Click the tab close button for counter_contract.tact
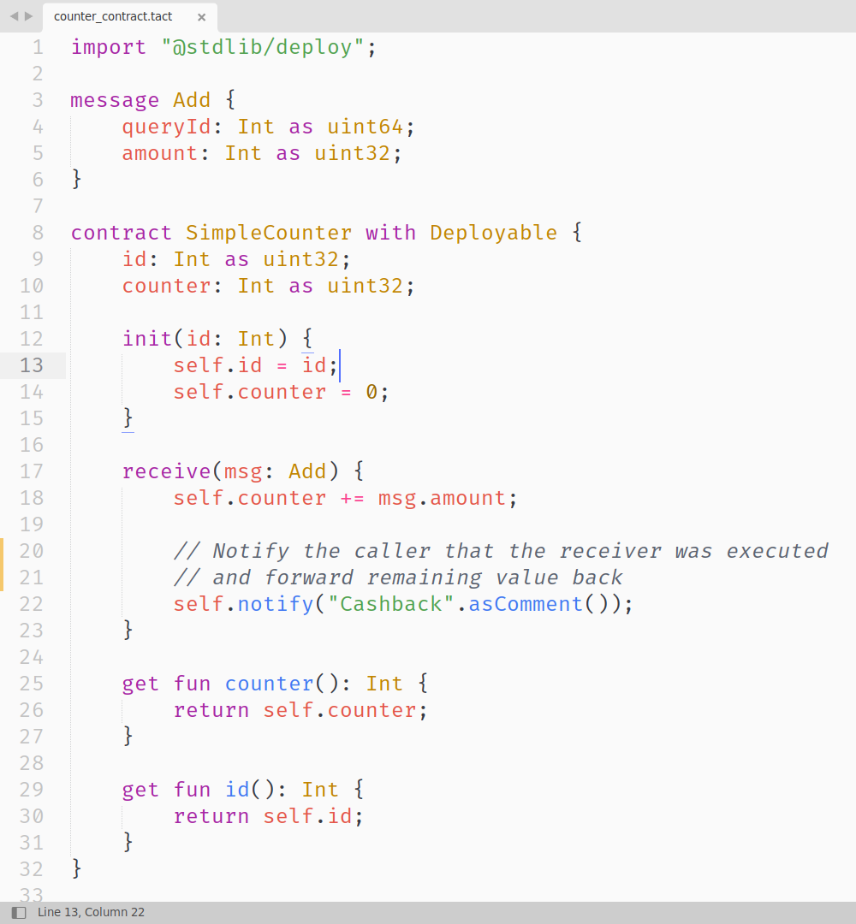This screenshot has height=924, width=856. click(201, 17)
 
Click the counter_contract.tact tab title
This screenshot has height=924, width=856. click(113, 17)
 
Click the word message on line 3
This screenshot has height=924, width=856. click(115, 100)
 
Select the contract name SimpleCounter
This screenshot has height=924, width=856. click(269, 233)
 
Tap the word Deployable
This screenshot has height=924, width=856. click(493, 233)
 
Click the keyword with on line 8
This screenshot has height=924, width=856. click(390, 233)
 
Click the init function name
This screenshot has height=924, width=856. click(147, 339)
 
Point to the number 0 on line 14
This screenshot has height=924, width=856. click(372, 392)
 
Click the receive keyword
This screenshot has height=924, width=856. click(166, 471)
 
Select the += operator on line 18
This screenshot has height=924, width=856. click(352, 498)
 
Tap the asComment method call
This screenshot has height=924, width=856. click(526, 604)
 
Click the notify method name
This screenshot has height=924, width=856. click(276, 604)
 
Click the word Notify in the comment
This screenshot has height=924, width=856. click(251, 551)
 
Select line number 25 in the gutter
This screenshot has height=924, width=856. click(32, 684)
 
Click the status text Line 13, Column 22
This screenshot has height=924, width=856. click(91, 912)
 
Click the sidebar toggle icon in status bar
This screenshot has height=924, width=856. click(19, 912)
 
